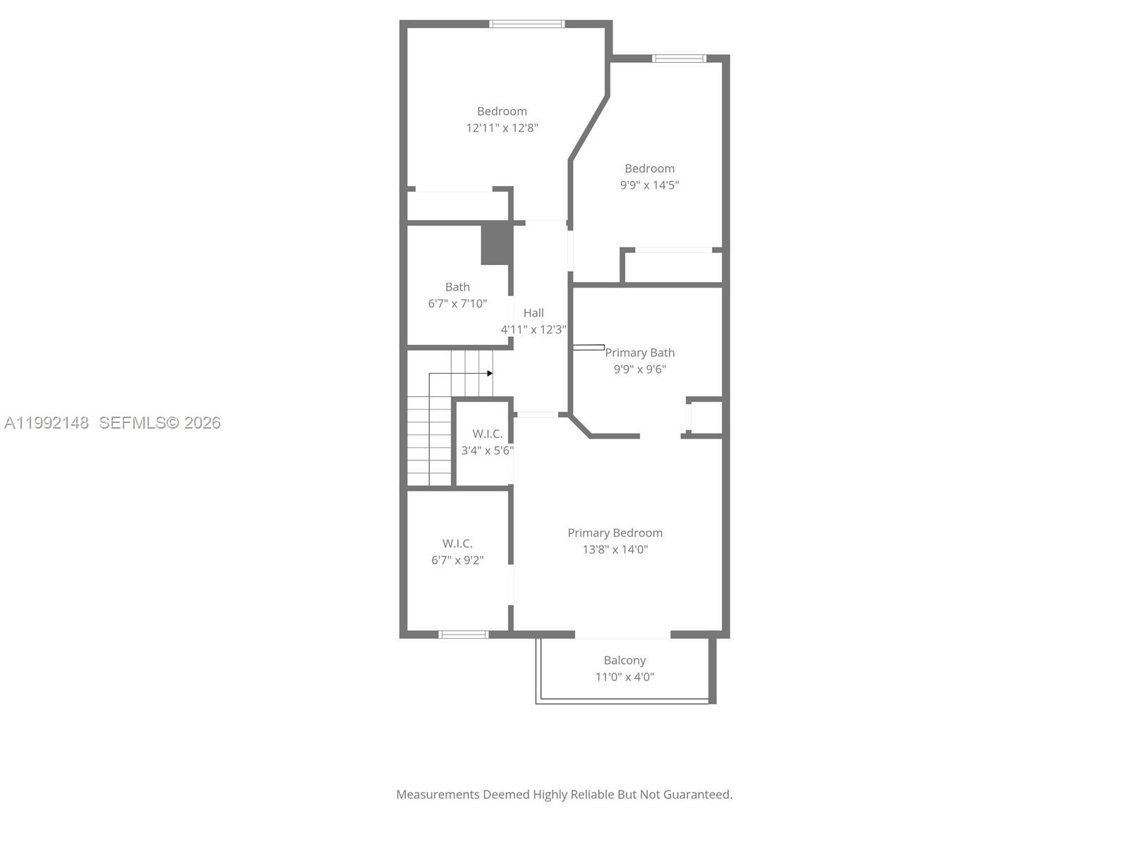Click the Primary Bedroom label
pyautogui.click(x=615, y=533)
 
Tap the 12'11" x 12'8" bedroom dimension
pyautogui.click(x=502, y=128)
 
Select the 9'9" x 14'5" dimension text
pyautogui.click(x=649, y=185)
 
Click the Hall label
pyautogui.click(x=533, y=313)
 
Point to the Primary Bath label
pyautogui.click(x=639, y=352)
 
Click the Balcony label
pyautogui.click(x=624, y=661)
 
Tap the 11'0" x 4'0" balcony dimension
pyautogui.click(x=624, y=678)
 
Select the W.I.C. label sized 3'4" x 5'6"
pyautogui.click(x=487, y=434)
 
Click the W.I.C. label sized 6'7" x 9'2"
pyautogui.click(x=457, y=544)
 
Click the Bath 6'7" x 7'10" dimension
pyautogui.click(x=457, y=304)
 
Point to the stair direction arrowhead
pyautogui.click(x=490, y=374)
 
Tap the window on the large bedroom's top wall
pyautogui.click(x=527, y=24)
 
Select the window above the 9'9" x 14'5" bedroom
pyautogui.click(x=679, y=59)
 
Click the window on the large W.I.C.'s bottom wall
pyautogui.click(x=464, y=634)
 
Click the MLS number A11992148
pyautogui.click(x=47, y=423)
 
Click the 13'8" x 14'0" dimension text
pyautogui.click(x=615, y=550)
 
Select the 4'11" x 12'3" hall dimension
pyautogui.click(x=533, y=330)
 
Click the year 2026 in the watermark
pyautogui.click(x=203, y=423)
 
